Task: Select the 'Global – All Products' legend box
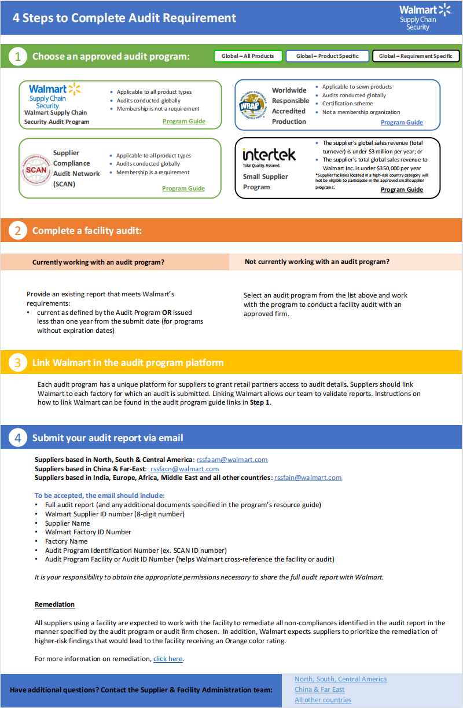tap(248, 56)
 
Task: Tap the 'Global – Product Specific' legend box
tap(328, 56)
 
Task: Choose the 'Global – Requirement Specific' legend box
tap(416, 56)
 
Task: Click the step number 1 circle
tap(18, 56)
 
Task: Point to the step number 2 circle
tap(18, 230)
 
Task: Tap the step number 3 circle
tap(18, 363)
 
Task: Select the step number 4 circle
tap(18, 438)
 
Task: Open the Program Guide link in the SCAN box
tap(183, 188)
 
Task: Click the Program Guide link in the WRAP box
tap(402, 122)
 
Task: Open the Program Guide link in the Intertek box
tap(402, 189)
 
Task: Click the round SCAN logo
tap(36, 170)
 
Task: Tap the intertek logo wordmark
tap(269, 155)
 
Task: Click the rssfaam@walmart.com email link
tap(232, 460)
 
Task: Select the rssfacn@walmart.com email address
tap(185, 469)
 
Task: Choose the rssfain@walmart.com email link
tap(308, 478)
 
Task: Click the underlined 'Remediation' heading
tap(54, 604)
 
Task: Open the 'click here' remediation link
tap(168, 659)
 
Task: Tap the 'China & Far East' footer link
tap(319, 689)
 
